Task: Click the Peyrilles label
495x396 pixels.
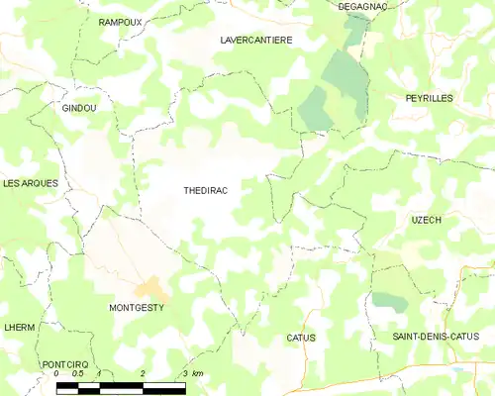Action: [429, 98]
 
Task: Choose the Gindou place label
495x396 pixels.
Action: [79, 108]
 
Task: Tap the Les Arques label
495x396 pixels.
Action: [30, 183]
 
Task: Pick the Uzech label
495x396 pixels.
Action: [426, 220]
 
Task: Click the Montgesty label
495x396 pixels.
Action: [137, 308]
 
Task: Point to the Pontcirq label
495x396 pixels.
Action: [66, 364]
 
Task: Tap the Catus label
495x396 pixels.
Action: [301, 338]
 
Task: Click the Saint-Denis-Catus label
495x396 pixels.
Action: [436, 337]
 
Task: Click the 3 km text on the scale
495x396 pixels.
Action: [192, 374]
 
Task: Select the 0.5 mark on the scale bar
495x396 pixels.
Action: [78, 374]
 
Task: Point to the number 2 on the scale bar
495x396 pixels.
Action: [144, 374]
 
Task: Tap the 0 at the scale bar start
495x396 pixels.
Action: [57, 374]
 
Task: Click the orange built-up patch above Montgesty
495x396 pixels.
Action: [150, 288]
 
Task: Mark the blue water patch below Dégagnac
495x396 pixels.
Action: [352, 22]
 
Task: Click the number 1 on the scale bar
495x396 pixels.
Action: [100, 374]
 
